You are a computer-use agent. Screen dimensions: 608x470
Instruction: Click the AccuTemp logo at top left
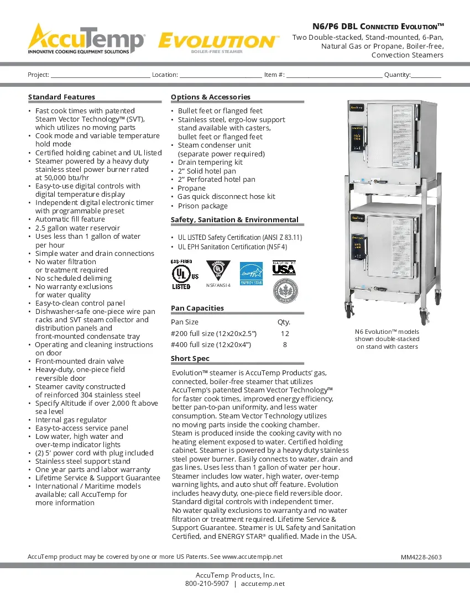86,39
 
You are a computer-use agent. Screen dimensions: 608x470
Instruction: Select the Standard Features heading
61,97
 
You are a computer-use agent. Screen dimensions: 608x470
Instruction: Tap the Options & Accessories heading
210,97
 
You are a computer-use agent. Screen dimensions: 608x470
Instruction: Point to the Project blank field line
100,75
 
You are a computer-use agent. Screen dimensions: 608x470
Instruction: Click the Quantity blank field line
426,75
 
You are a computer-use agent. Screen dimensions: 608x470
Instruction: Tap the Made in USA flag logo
284,269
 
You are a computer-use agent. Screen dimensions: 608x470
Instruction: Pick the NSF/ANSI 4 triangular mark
217,271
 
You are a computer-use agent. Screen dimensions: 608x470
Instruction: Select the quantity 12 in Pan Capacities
285,334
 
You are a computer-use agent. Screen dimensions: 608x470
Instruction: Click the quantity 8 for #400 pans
285,345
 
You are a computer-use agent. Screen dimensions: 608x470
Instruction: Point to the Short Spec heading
190,358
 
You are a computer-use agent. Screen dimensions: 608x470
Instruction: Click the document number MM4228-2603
421,557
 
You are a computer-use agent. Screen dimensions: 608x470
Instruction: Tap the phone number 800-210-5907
207,584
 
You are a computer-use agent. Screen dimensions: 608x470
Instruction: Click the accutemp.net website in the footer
263,584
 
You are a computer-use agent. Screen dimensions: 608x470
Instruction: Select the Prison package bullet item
202,206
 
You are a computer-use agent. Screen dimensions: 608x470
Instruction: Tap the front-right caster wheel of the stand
424,318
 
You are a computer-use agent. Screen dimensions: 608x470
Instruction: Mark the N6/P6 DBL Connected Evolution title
378,27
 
